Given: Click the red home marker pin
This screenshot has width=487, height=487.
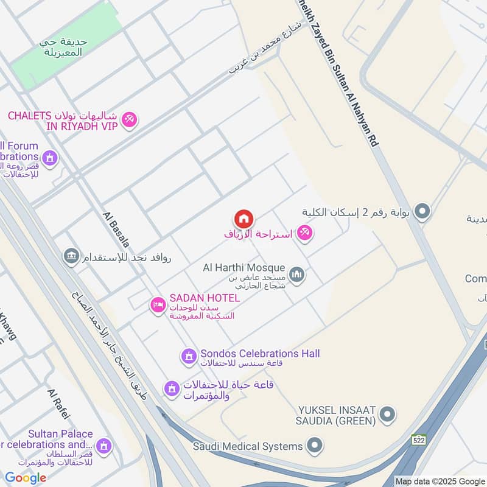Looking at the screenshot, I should pos(243,219).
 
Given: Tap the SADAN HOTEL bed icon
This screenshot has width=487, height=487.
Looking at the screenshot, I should pos(158,306).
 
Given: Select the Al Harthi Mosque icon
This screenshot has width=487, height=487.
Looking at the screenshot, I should pos(296,275).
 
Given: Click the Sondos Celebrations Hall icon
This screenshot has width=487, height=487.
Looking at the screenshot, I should pos(189,355).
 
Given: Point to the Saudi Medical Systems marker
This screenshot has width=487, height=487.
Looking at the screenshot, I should pos(314,446).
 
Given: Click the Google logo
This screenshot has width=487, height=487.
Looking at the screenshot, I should pos(26,478).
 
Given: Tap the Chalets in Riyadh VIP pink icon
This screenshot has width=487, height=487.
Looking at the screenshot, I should pos(129,120).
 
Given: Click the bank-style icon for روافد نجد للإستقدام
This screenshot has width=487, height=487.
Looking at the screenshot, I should pos(72,256).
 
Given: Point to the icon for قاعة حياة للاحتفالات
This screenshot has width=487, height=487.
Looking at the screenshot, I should pos(172,388).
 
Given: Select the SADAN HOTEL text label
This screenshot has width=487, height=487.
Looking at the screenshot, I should pos(205,298).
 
